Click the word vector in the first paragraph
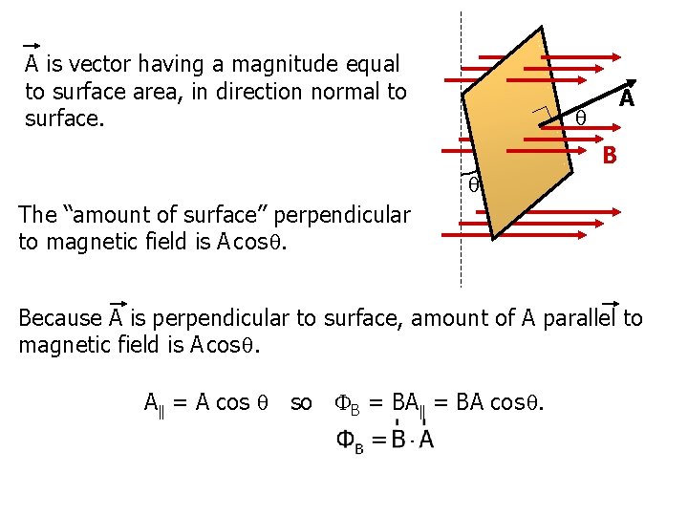pos(98,64)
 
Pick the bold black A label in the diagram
pos(627,98)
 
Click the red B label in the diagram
pos(609,154)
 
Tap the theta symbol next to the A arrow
pos(580,118)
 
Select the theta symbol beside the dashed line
pos(473,183)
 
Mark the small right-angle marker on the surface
pos(541,114)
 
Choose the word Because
pos(60,317)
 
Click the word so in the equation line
pos(300,402)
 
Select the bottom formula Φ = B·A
pos(385,441)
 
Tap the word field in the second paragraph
pos(188,242)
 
